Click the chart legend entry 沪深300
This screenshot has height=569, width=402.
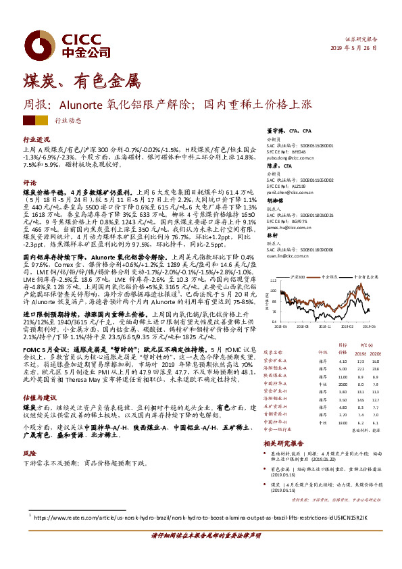[295, 277]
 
